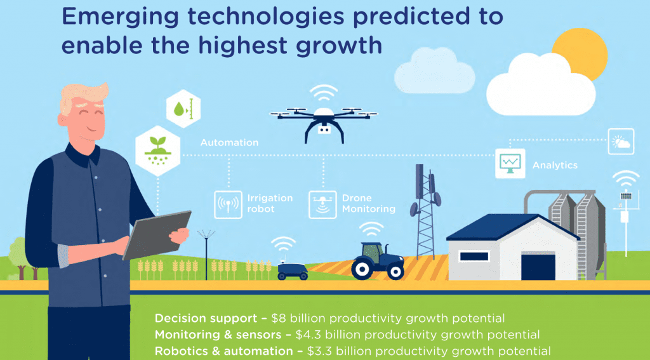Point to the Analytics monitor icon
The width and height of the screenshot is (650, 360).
tap(510, 163)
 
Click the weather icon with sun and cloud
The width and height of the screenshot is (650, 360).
tap(621, 142)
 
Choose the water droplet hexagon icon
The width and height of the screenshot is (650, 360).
tap(183, 109)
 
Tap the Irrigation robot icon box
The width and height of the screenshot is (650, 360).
tap(228, 204)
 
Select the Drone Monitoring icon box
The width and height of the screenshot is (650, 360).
tap(322, 204)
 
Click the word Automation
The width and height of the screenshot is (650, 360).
tap(229, 143)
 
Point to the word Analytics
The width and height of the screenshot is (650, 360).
tap(555, 165)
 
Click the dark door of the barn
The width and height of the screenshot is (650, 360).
tap(538, 267)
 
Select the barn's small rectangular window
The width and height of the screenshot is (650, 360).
tap(474, 256)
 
